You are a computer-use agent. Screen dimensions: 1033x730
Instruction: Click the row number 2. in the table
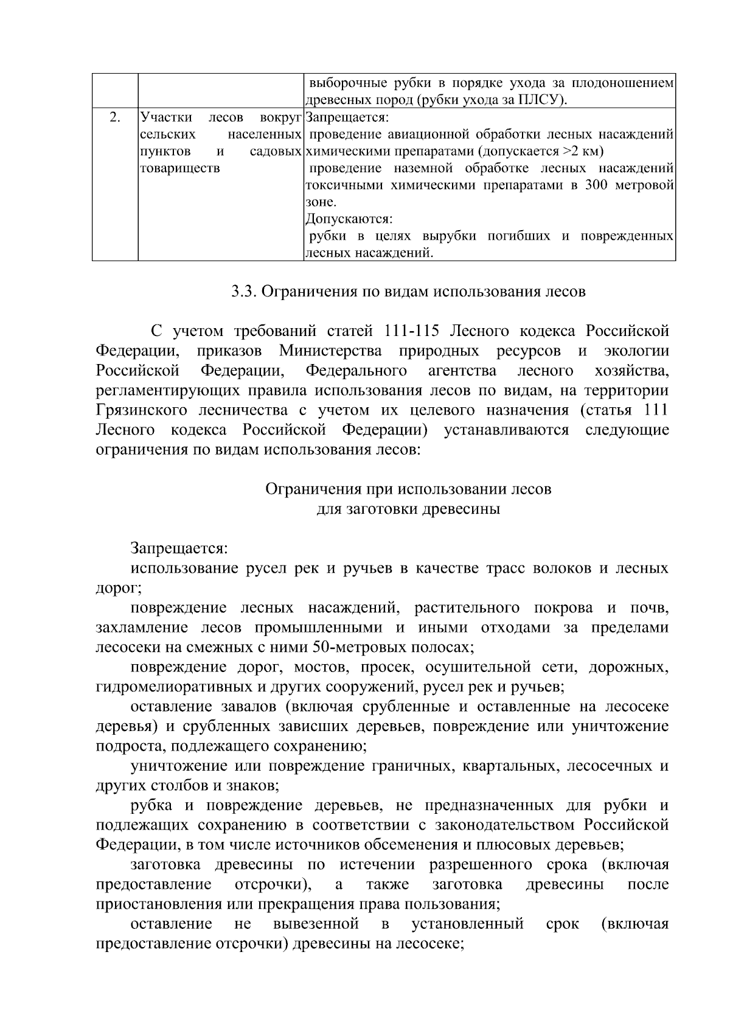[114, 117]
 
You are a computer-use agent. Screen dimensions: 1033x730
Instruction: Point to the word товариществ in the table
[180, 168]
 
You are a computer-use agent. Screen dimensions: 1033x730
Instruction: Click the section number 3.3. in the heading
[245, 292]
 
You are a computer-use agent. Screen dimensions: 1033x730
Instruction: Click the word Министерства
[331, 351]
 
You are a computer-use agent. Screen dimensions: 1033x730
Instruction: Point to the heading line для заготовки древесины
[408, 509]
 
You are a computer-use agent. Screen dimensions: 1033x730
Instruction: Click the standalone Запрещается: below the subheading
[179, 548]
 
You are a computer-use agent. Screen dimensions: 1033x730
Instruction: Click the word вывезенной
[316, 924]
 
